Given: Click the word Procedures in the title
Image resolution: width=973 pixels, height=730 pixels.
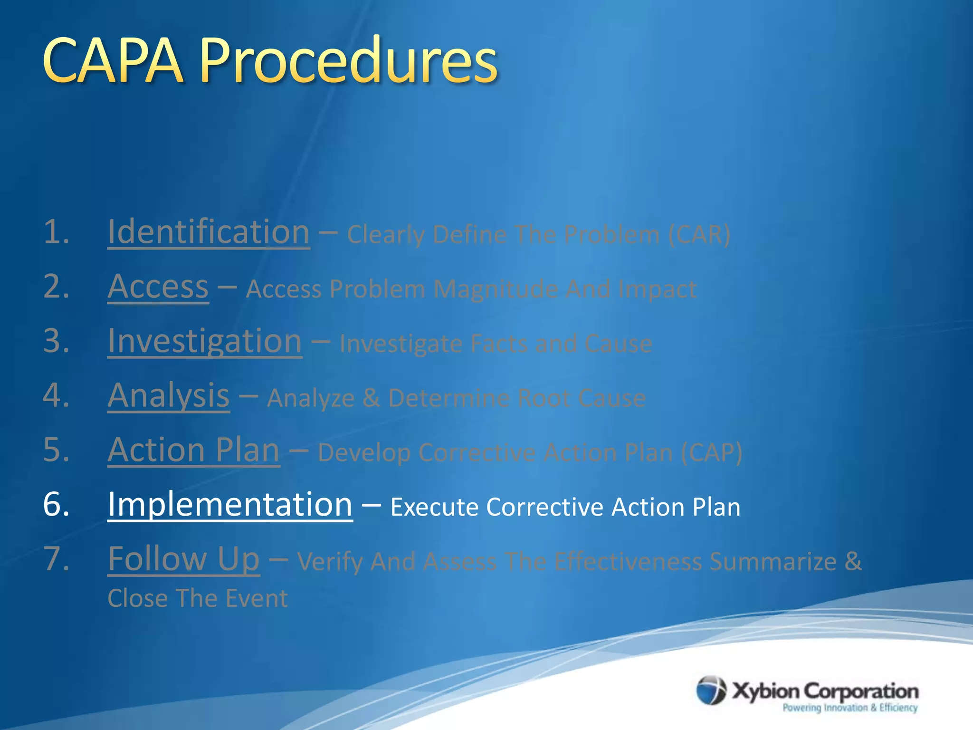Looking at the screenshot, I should pos(348,61).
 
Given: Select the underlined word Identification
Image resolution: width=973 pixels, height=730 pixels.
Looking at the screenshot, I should pos(209,232).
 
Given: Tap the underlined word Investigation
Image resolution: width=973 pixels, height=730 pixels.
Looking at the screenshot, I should pos(205,341).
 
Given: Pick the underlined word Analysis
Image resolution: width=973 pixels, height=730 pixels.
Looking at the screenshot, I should pos(169,396).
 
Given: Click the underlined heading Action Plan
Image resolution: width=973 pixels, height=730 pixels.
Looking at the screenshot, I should pos(193,450).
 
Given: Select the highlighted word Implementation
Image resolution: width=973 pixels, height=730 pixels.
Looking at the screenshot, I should pos(230,505).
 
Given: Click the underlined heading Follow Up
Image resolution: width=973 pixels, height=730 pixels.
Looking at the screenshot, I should pos(183,559).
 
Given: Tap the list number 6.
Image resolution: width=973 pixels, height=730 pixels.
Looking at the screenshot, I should pos(56,505).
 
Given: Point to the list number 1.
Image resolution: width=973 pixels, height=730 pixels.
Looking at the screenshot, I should pos(56,232).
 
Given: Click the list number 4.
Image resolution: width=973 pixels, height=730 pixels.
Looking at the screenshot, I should pos(56,396).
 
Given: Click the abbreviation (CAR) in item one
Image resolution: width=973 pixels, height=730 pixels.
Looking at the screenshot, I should pos(699,235).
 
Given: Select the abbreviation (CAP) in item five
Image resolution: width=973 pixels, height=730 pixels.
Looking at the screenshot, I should pos(711,453).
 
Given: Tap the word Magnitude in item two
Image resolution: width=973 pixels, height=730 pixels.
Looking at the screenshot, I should pos(496,289).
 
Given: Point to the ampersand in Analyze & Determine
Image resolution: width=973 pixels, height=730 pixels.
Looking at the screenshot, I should pos(371,398).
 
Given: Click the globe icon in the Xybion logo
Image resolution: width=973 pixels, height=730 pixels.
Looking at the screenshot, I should pos(711,690).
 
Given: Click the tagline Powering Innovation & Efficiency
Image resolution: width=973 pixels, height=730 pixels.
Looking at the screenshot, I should pos(850,708).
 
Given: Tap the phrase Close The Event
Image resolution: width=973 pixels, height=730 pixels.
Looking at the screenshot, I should pos(197,598).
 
